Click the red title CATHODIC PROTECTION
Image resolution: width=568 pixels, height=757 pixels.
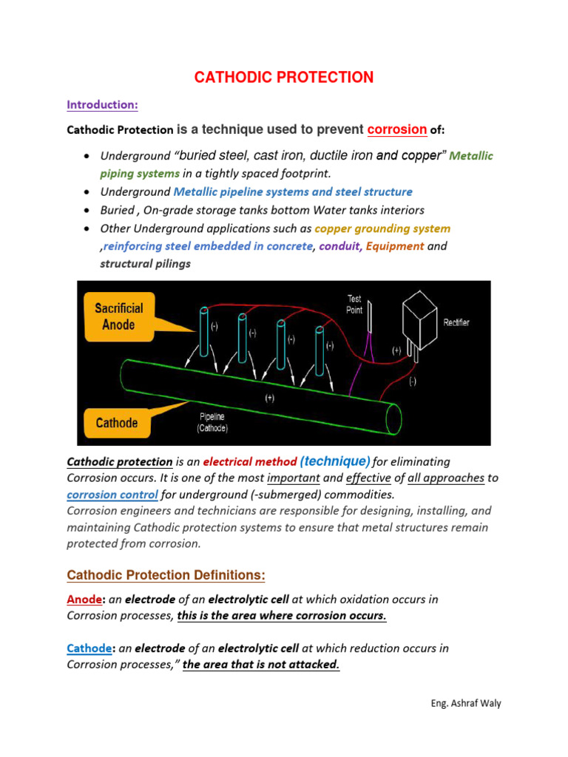click(283, 78)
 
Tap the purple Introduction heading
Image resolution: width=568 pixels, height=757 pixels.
click(102, 105)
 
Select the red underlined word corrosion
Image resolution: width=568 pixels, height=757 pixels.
click(397, 129)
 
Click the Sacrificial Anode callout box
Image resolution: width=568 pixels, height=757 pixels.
click(119, 316)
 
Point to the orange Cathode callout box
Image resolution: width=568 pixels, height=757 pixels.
click(117, 423)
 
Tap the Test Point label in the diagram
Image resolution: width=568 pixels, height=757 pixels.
click(355, 304)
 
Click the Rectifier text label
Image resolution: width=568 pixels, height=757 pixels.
click(456, 323)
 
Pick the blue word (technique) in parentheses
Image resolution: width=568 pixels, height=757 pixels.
click(335, 461)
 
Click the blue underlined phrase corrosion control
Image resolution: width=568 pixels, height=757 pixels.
click(112, 495)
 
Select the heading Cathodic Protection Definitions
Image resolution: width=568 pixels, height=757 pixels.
click(166, 575)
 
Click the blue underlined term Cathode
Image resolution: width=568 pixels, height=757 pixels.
click(88, 648)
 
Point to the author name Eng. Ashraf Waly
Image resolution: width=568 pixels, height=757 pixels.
click(466, 703)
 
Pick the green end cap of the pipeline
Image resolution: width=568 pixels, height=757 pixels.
click(393, 418)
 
